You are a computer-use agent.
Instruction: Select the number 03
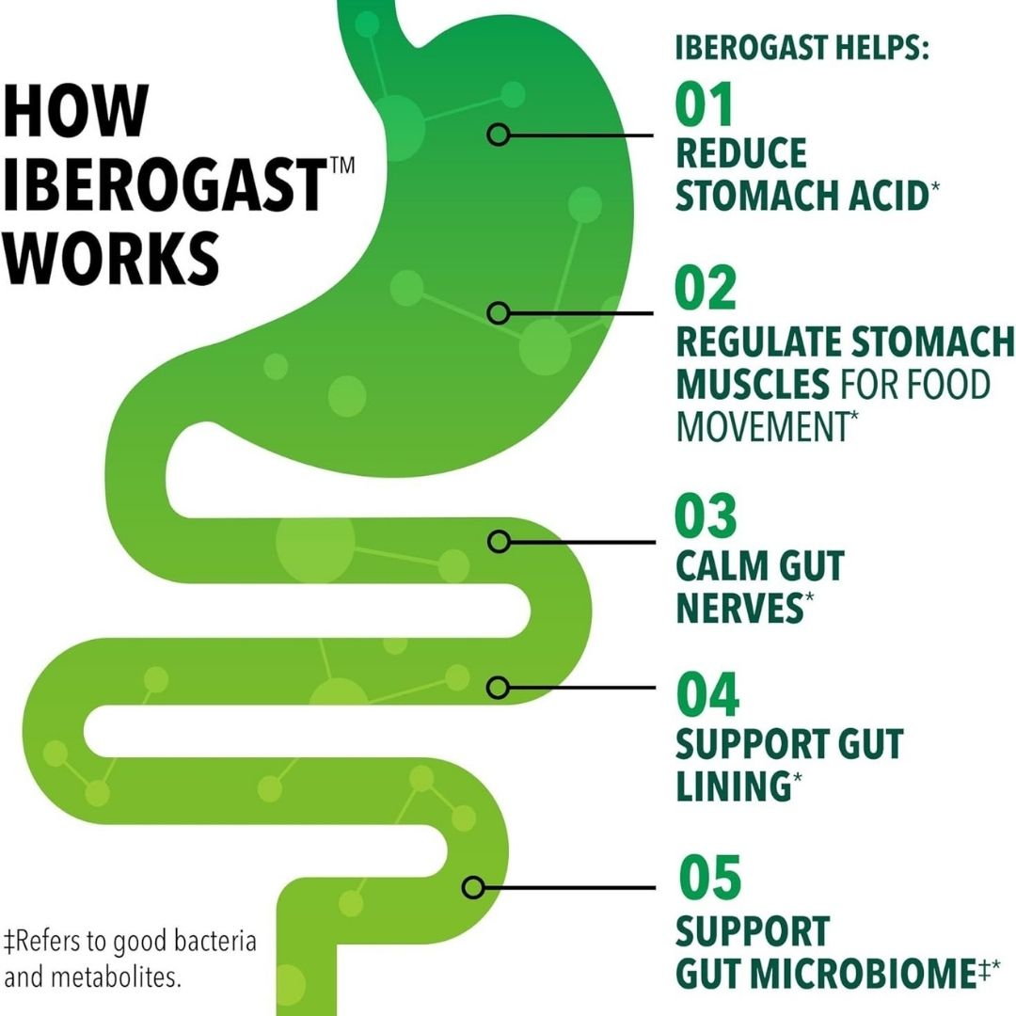coord(706,516)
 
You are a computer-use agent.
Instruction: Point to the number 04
coord(707,694)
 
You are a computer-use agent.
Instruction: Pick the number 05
coord(709,877)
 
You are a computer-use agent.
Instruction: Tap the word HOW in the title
coord(76,110)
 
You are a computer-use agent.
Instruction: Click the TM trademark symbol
coord(342,165)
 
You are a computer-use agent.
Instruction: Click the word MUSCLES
coord(753,384)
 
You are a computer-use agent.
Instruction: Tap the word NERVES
coord(739,608)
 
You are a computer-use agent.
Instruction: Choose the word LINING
coord(734,786)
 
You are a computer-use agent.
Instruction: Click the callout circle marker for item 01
coord(499,135)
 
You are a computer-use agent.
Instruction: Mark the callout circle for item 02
coord(499,313)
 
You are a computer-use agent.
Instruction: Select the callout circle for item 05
coord(473,887)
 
